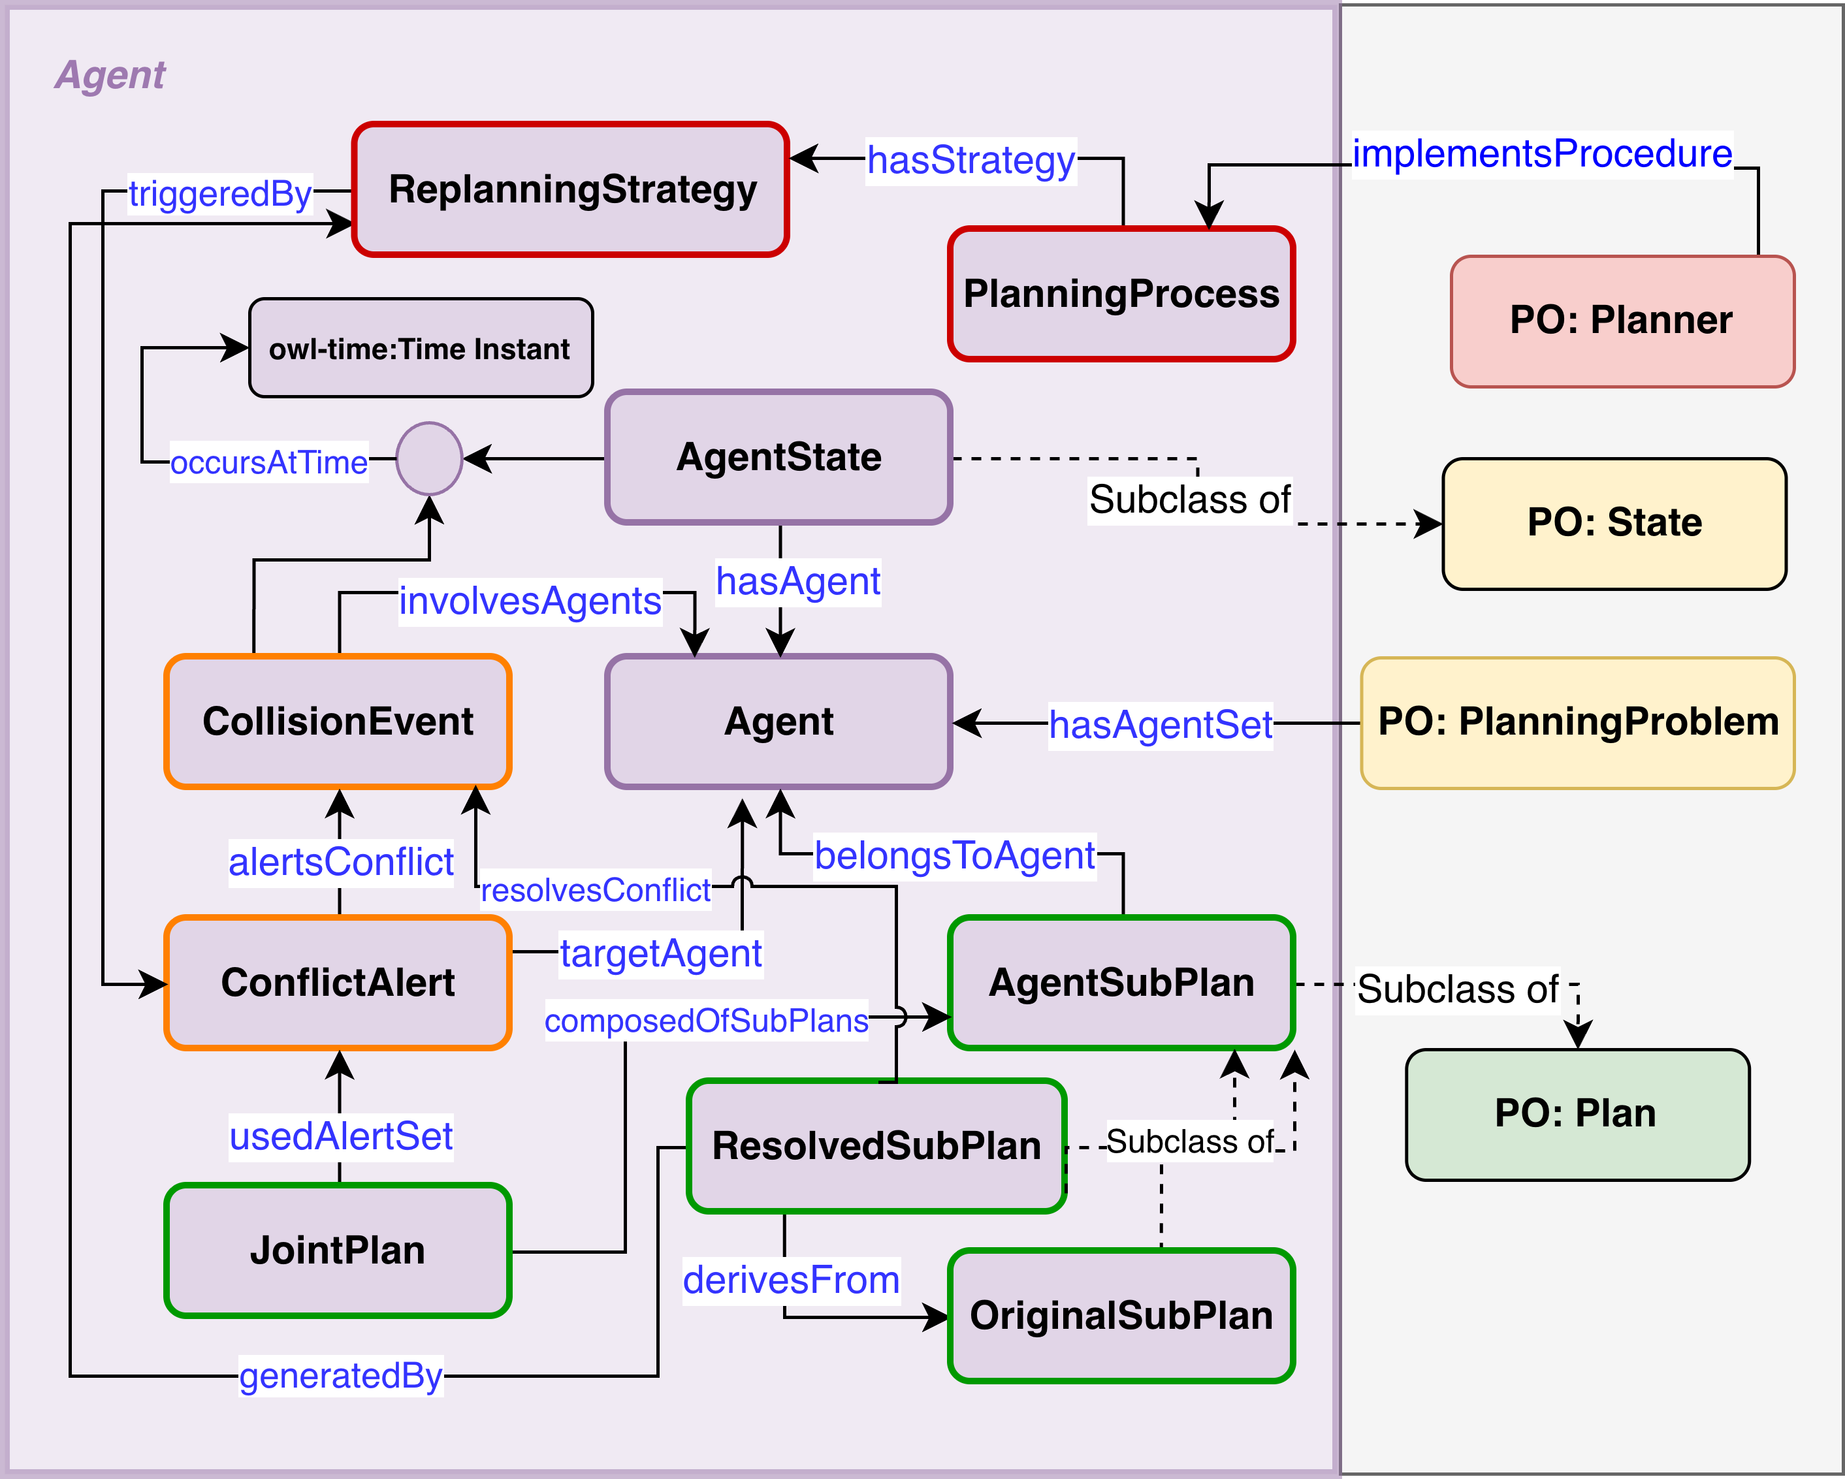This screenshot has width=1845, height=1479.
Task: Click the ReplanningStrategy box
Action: [571, 189]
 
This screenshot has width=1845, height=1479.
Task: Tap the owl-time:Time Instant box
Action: [420, 348]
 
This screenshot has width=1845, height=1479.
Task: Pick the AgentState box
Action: [778, 458]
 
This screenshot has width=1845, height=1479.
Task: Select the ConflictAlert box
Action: [338, 983]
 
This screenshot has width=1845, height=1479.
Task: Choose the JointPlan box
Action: [338, 1250]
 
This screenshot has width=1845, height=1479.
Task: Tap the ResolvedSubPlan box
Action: [876, 1146]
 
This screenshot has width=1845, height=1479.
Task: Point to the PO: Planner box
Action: [1622, 321]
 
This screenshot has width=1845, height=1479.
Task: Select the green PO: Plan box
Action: [1577, 1115]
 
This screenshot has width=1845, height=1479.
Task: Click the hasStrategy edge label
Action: [971, 160]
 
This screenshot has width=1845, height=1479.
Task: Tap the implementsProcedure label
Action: [1542, 154]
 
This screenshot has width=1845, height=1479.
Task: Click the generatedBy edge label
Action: [340, 1375]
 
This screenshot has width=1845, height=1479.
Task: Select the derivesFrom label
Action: [791, 1280]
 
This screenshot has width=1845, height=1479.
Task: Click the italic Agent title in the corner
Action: [110, 75]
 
